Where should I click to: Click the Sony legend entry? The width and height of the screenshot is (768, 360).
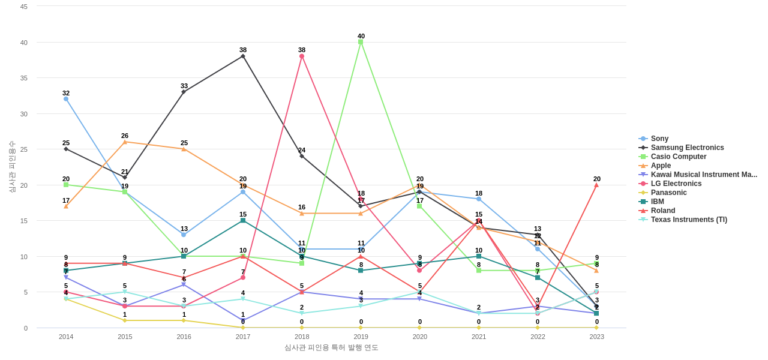coord(659,139)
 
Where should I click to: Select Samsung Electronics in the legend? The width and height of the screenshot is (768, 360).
coord(687,148)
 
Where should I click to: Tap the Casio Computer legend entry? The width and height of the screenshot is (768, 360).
coord(678,157)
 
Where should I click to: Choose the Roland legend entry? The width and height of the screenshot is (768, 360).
coord(662,211)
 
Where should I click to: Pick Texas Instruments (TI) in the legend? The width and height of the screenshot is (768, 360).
coord(688,220)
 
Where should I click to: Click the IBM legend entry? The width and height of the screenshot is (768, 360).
coord(657,202)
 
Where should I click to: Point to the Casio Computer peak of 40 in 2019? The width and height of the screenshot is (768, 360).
coord(361,42)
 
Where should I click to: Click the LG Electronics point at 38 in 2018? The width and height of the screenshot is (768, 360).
coord(302,56)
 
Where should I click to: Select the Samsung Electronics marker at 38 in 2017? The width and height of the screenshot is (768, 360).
coord(243,56)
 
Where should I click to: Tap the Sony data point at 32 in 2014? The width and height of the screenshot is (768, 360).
coord(66,99)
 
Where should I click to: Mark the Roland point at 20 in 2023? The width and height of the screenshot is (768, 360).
coord(596,185)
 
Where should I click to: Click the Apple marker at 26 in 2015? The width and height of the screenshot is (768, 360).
coord(125,142)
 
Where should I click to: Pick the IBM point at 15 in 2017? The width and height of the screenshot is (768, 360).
coord(243,220)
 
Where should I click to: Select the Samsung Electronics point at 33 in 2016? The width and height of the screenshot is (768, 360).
coord(184,92)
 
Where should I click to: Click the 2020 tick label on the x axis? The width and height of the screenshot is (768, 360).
coord(420,337)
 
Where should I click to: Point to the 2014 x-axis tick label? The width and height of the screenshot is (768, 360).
coord(66,337)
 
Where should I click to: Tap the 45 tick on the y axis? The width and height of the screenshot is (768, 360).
coord(24,7)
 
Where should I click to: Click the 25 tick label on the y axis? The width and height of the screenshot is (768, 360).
coord(24,149)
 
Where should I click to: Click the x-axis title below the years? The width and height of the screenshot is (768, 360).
coord(331,347)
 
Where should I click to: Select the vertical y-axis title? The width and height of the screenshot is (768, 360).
coord(12,167)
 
